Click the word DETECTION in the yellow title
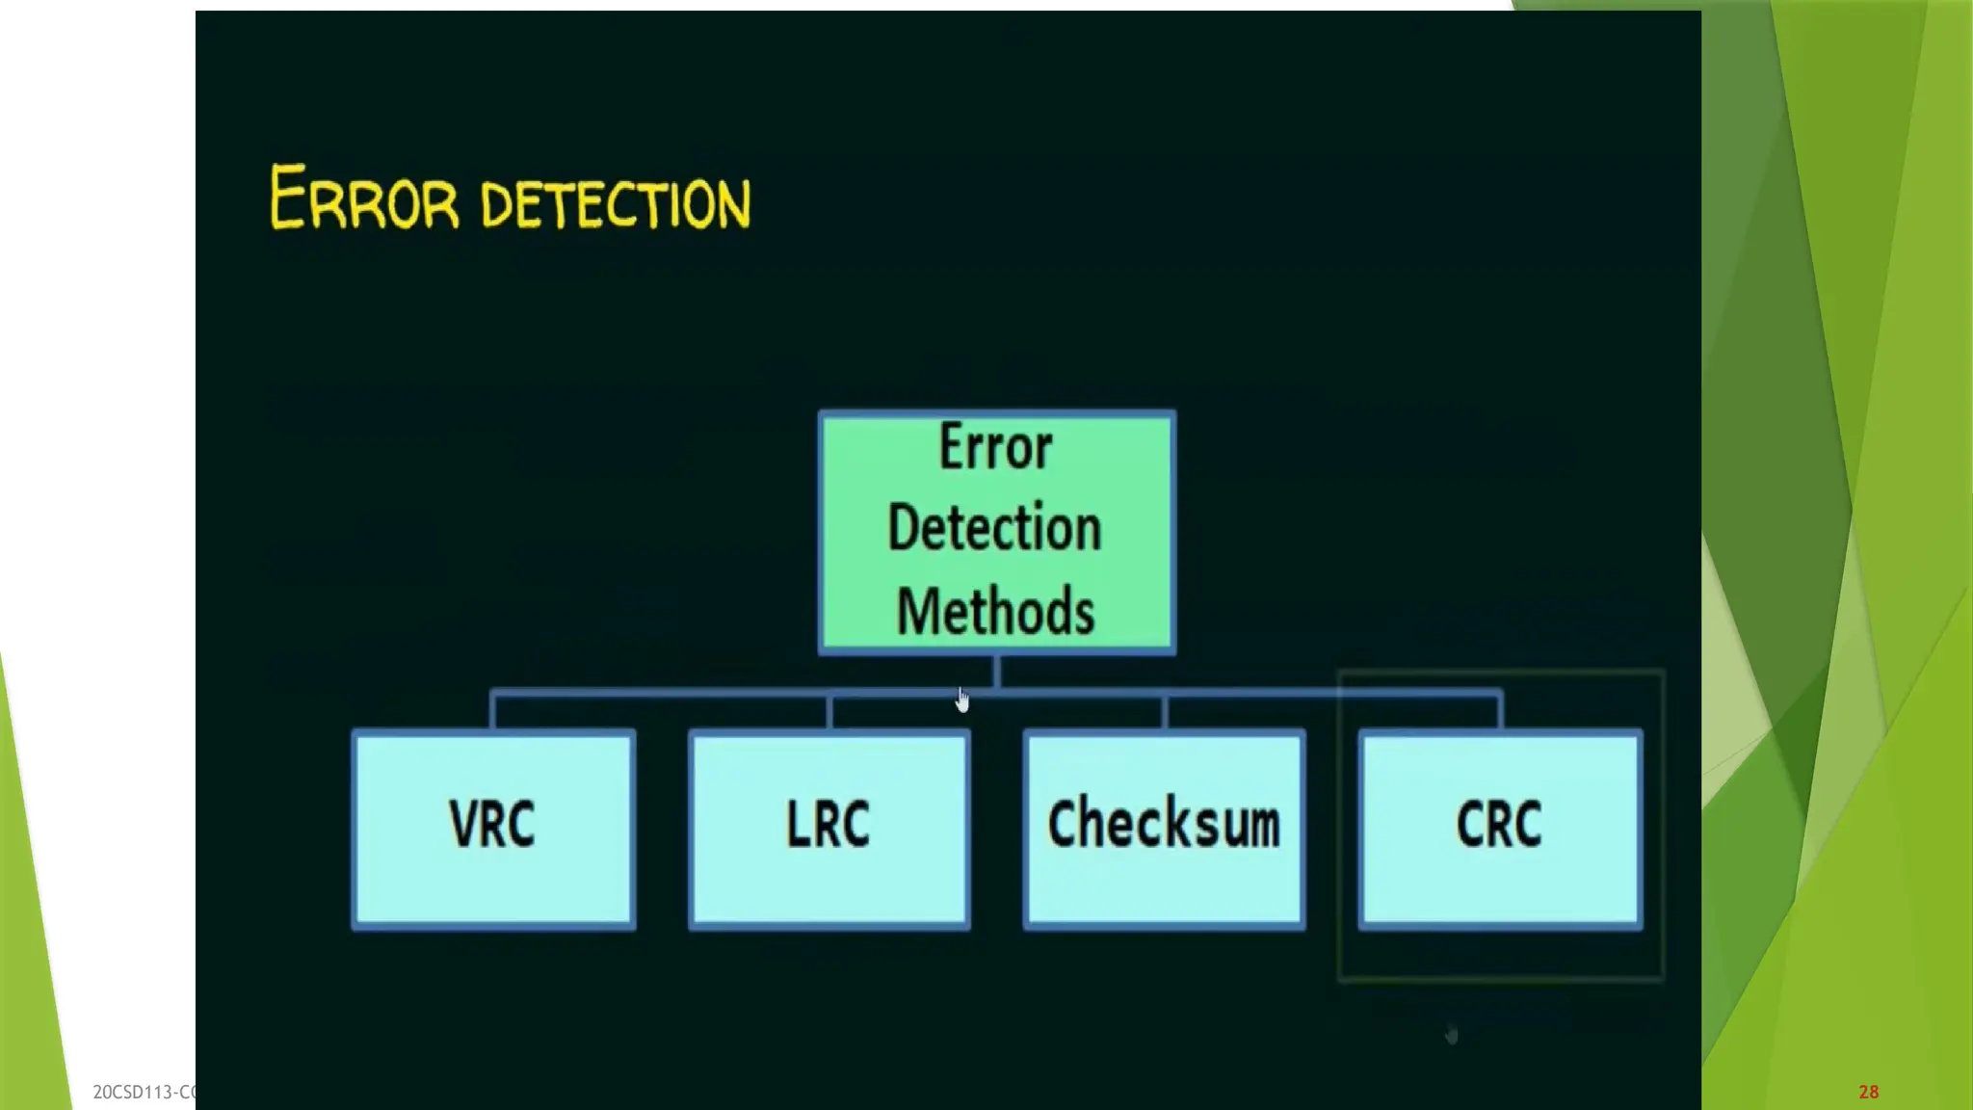[615, 203]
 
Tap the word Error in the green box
[995, 448]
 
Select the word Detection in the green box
[994, 528]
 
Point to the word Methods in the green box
[995, 611]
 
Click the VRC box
[493, 829]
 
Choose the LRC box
[829, 829]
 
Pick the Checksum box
[1164, 829]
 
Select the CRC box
[1500, 829]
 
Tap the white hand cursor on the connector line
[962, 700]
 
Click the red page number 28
[1868, 1092]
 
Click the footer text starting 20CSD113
[144, 1092]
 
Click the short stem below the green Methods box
[996, 671]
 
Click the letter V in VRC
[463, 824]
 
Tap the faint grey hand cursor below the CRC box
[1452, 1035]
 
